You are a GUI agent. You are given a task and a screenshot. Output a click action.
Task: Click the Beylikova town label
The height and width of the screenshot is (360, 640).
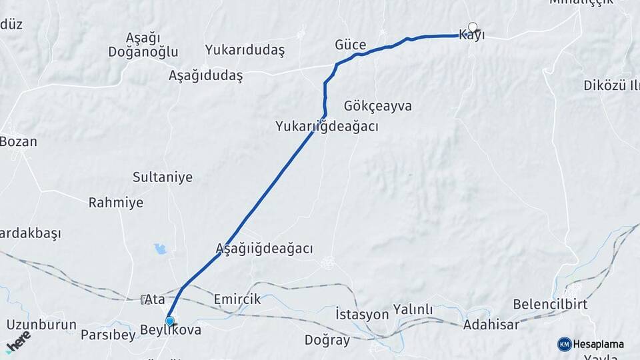point(170,330)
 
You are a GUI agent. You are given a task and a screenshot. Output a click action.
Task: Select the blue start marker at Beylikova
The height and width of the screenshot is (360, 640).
point(170,321)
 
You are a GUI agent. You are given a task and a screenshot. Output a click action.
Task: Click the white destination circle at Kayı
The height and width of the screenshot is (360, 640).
point(473,27)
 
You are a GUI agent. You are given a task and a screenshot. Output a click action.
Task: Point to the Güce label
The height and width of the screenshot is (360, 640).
point(350,45)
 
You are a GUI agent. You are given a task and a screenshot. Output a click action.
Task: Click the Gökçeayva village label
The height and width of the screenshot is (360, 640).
point(378,106)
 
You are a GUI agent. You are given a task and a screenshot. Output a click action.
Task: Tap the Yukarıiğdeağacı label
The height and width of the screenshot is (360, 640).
point(327,125)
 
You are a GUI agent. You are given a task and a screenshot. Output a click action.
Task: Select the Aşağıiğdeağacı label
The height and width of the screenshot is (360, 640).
point(264,248)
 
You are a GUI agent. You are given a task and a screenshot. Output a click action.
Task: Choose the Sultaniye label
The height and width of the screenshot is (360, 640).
point(162,177)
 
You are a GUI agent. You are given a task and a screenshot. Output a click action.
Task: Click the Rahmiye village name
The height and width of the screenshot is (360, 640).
point(116,203)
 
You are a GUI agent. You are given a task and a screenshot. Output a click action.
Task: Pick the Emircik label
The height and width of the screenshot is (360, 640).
point(237,299)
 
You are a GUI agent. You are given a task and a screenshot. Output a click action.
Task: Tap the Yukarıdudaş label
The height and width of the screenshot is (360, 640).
point(245,50)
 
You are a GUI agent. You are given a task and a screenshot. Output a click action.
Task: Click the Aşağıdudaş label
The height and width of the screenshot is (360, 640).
point(205,75)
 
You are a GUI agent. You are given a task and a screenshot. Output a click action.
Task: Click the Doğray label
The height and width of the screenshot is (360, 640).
point(327,340)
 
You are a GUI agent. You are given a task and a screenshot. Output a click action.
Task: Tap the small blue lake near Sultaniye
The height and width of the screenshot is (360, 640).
point(160,249)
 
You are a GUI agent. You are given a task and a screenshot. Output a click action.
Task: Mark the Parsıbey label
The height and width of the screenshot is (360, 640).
point(107,335)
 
